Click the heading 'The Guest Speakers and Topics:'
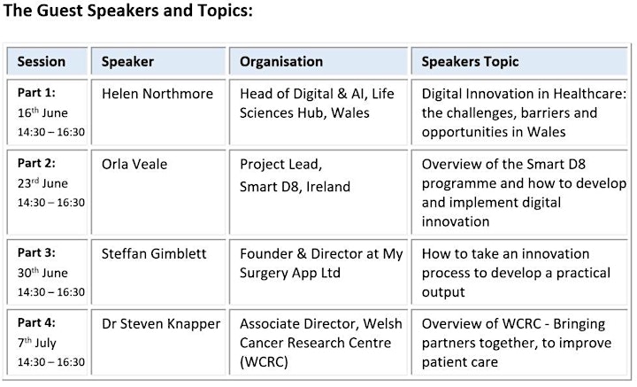click(x=127, y=11)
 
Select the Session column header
click(x=42, y=61)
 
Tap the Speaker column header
click(x=127, y=62)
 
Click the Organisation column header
click(x=281, y=61)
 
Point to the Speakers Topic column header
click(x=470, y=62)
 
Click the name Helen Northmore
click(x=157, y=94)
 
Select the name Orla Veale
click(x=134, y=164)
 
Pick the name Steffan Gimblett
click(x=154, y=253)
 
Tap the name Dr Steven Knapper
click(x=161, y=324)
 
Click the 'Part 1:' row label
click(x=36, y=93)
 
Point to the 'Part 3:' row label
click(x=36, y=252)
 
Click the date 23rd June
click(x=42, y=183)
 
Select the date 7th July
click(x=37, y=343)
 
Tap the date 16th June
click(x=42, y=112)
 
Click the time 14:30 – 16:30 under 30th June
click(x=51, y=292)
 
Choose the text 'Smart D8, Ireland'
click(x=295, y=187)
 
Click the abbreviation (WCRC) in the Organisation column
click(x=264, y=362)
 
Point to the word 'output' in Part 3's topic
click(x=443, y=292)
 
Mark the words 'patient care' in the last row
click(x=460, y=362)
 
